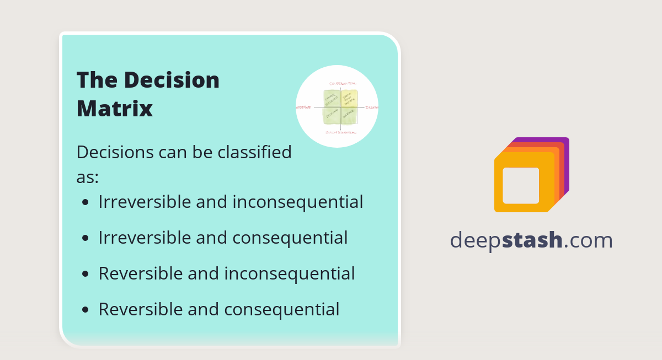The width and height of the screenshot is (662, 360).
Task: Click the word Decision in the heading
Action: pyautogui.click(x=171, y=80)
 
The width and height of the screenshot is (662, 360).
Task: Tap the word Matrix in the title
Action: pyautogui.click(x=114, y=109)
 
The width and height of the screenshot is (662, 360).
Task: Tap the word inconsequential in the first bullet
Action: pyautogui.click(x=297, y=202)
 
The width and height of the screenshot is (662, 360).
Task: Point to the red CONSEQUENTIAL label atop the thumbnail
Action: pyautogui.click(x=339, y=83)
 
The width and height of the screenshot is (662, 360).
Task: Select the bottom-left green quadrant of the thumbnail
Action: pyautogui.click(x=332, y=116)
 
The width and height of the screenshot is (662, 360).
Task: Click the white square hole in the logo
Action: pyautogui.click(x=521, y=185)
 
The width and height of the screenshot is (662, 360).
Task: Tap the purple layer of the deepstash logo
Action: pyautogui.click(x=566, y=165)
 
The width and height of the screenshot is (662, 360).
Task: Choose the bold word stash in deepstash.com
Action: pyautogui.click(x=532, y=240)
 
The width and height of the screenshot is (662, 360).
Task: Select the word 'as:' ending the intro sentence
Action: pyautogui.click(x=87, y=177)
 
